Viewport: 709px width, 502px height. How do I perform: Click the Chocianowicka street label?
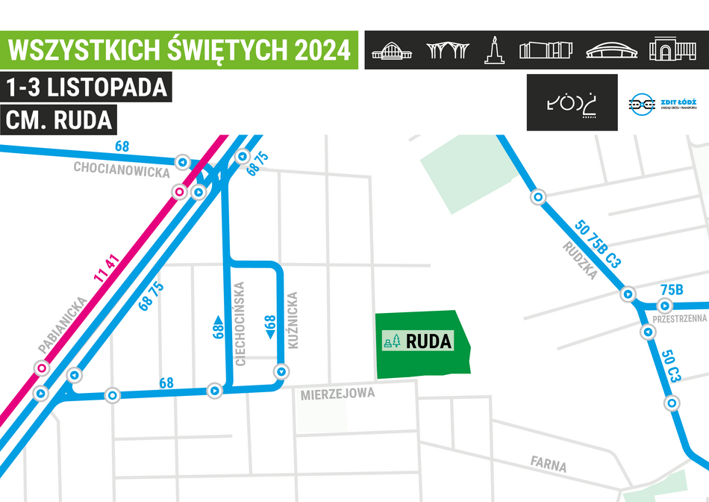[x=121, y=169]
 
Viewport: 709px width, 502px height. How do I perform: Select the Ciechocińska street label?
[x=240, y=323]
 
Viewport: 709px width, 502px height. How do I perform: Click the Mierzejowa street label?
[x=337, y=394]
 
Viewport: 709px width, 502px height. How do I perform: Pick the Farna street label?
[x=549, y=465]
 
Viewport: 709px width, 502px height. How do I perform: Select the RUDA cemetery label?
[x=430, y=342]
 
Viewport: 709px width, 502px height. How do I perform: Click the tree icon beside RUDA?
[x=396, y=341]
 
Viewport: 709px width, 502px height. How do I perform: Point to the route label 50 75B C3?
[x=598, y=244]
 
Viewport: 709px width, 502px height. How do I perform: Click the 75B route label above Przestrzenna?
[x=672, y=290]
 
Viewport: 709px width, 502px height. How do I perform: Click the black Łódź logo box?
[x=572, y=102]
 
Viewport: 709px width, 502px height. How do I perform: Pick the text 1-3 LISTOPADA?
[x=86, y=87]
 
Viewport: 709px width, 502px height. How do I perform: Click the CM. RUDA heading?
[x=59, y=120]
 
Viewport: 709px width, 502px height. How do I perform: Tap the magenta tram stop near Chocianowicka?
[x=179, y=192]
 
